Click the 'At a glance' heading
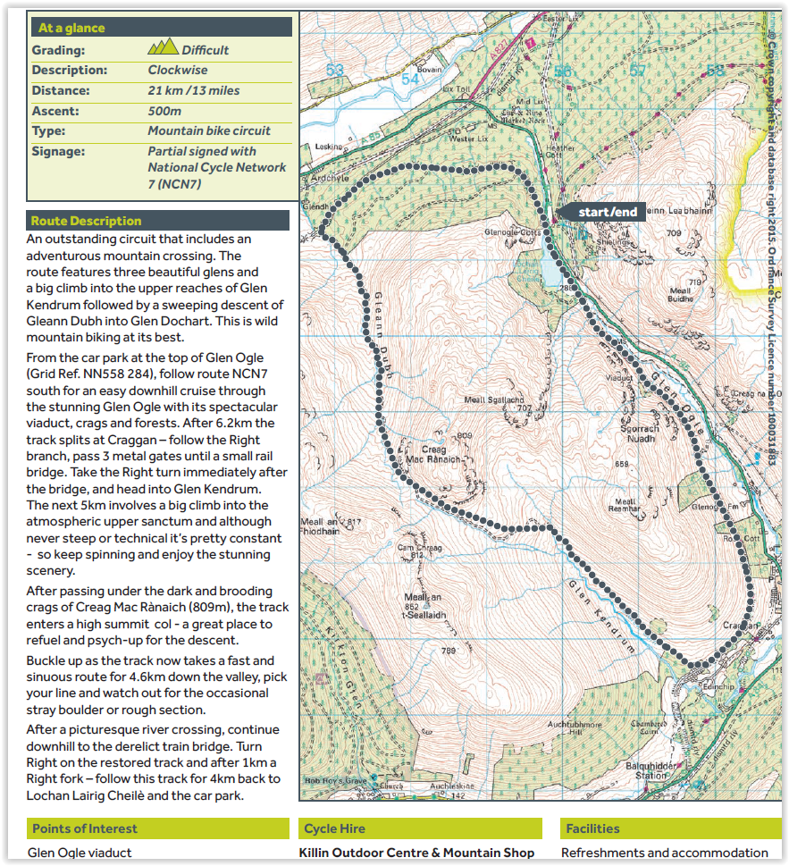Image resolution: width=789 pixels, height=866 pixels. (71, 28)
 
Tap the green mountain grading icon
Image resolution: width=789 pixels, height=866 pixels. (163, 48)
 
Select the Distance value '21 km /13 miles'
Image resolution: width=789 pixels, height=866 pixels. (194, 90)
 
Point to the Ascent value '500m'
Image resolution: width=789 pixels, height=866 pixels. (164, 111)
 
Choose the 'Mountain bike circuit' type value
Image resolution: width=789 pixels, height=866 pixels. (209, 130)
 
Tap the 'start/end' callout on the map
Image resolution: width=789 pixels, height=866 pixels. (607, 212)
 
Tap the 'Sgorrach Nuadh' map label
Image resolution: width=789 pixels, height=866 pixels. (639, 433)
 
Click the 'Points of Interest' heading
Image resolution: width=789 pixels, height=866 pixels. (84, 828)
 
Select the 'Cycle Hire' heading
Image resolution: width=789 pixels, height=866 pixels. (333, 828)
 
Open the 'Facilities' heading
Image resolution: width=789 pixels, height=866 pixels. (592, 828)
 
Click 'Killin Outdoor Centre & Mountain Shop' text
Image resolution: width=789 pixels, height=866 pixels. (416, 853)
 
